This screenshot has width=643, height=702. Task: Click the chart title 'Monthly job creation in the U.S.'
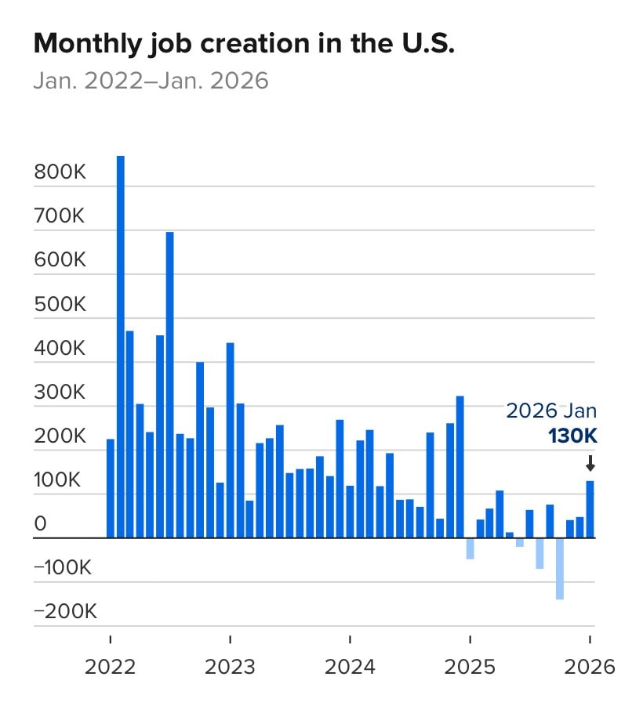point(244,44)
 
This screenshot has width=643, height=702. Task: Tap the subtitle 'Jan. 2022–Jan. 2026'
point(151,81)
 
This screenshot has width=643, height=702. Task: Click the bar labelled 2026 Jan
point(590,509)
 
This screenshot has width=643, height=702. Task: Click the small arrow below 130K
point(590,464)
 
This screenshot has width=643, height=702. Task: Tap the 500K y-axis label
point(60,305)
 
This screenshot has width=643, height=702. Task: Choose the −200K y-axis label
point(65,612)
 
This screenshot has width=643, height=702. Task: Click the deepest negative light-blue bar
point(560,569)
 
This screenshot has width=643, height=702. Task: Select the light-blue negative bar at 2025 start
point(470,548)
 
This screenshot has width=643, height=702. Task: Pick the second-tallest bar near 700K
point(169,385)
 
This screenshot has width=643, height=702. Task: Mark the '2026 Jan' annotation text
point(551,411)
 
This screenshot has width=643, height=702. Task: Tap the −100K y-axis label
point(65,568)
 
